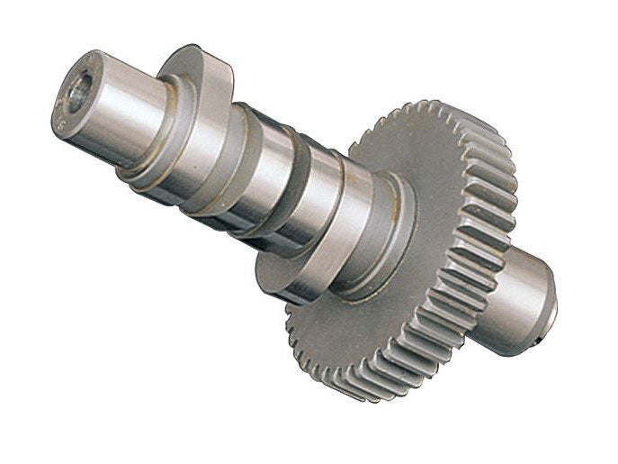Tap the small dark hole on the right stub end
click(537, 341)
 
